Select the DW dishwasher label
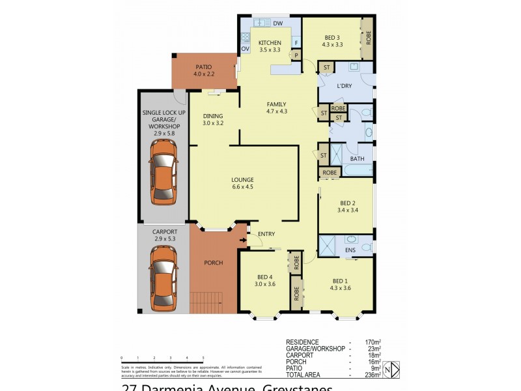[277, 23]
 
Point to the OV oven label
[246, 48]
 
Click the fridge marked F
[296, 44]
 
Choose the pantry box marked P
[296, 55]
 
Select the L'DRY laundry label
[345, 87]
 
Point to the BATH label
[357, 159]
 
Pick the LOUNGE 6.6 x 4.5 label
[242, 183]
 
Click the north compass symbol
[389, 369]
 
